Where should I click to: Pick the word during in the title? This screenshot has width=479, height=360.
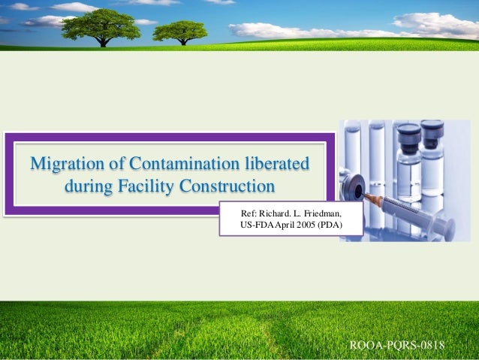(89, 185)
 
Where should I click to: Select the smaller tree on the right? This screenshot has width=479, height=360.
(180, 31)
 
